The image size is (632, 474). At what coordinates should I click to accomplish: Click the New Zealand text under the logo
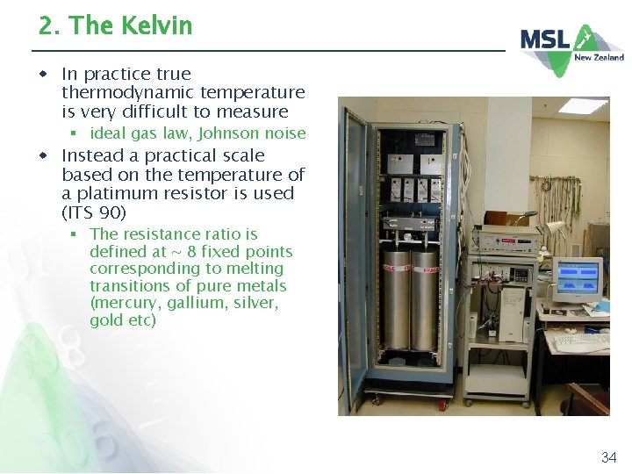pyautogui.click(x=599, y=57)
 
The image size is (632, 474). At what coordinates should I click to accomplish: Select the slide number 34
pyautogui.click(x=608, y=456)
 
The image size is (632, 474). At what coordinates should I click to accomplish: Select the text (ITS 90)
pyautogui.click(x=94, y=212)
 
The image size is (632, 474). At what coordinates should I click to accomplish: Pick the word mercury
pyautogui.click(x=121, y=303)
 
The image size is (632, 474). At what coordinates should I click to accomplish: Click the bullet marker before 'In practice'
pyautogui.click(x=42, y=74)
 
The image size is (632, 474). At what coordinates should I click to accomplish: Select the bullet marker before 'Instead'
pyautogui.click(x=42, y=155)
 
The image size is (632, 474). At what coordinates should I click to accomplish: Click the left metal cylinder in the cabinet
pyautogui.click(x=396, y=298)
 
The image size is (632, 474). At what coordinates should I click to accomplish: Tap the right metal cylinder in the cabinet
pyautogui.click(x=425, y=298)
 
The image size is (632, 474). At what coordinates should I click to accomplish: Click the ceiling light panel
pyautogui.click(x=583, y=106)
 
